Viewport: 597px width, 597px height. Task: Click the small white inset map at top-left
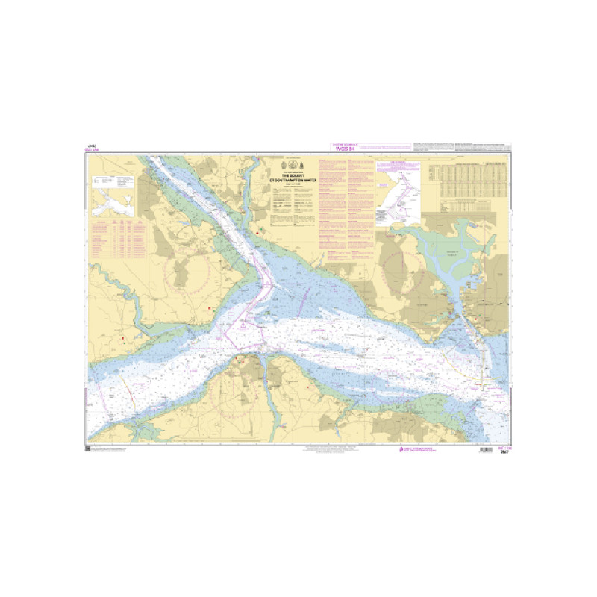pos(113,191)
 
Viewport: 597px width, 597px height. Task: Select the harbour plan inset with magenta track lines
pos(399,192)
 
